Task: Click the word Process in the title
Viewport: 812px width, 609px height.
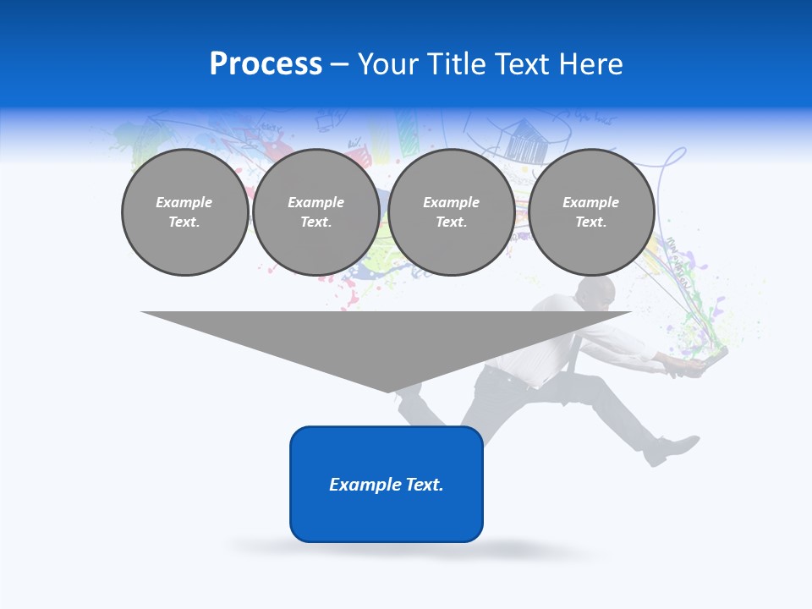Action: [x=266, y=64]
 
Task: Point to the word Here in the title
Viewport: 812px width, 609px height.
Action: [x=591, y=64]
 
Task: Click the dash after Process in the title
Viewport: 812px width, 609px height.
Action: [x=339, y=65]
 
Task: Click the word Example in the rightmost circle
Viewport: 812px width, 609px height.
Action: [x=590, y=202]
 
